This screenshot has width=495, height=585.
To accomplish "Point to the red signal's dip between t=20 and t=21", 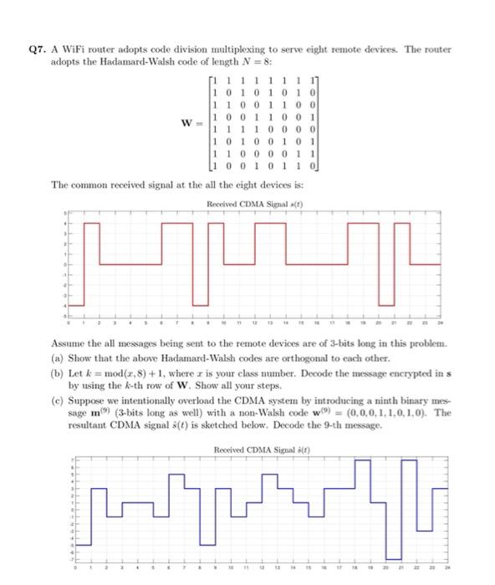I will [386, 284].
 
